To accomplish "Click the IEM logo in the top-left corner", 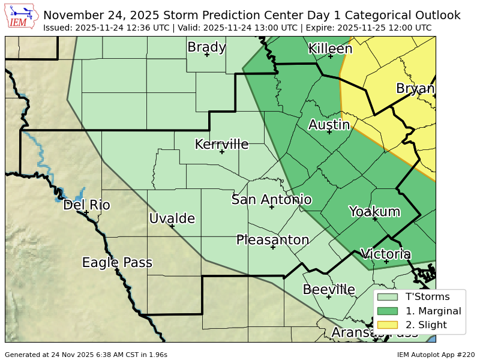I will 22,17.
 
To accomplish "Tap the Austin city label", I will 329,125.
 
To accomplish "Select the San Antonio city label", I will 271,200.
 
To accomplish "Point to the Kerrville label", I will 221,145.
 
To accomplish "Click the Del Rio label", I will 86,205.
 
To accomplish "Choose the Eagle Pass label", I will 117,263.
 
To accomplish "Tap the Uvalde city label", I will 172,219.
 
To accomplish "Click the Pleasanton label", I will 272,240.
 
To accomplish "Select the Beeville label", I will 328,290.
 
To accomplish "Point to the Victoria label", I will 386,254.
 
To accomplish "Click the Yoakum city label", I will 374,212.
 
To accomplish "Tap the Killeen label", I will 330,49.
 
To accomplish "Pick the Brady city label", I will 206,47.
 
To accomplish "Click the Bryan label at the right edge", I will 415,89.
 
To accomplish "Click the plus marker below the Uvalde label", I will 172,226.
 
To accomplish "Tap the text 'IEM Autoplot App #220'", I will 436,355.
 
